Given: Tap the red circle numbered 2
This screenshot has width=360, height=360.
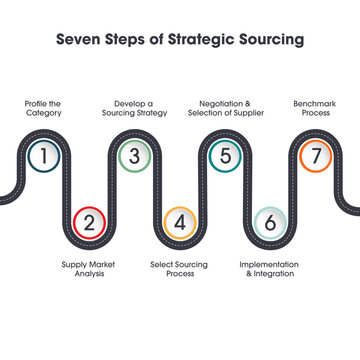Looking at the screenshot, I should [x=88, y=222].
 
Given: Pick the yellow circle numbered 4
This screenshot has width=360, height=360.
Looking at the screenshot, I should [x=179, y=222].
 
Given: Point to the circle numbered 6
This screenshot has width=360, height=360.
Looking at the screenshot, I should [x=270, y=222].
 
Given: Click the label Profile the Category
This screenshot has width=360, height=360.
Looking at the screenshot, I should [x=43, y=108].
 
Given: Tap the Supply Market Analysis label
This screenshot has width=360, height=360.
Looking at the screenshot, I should [x=88, y=269].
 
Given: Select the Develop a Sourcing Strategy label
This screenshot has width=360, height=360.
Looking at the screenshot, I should [x=133, y=108].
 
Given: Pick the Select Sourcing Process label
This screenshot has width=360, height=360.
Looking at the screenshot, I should [x=179, y=269].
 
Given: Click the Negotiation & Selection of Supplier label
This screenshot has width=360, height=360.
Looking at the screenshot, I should [x=224, y=108].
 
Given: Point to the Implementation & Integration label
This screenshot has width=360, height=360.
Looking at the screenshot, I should [x=269, y=269].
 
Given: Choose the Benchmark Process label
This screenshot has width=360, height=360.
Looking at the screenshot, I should [x=315, y=108].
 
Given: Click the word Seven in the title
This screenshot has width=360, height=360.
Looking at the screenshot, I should [x=79, y=40].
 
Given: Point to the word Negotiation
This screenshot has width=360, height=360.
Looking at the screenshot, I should [x=220, y=103].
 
